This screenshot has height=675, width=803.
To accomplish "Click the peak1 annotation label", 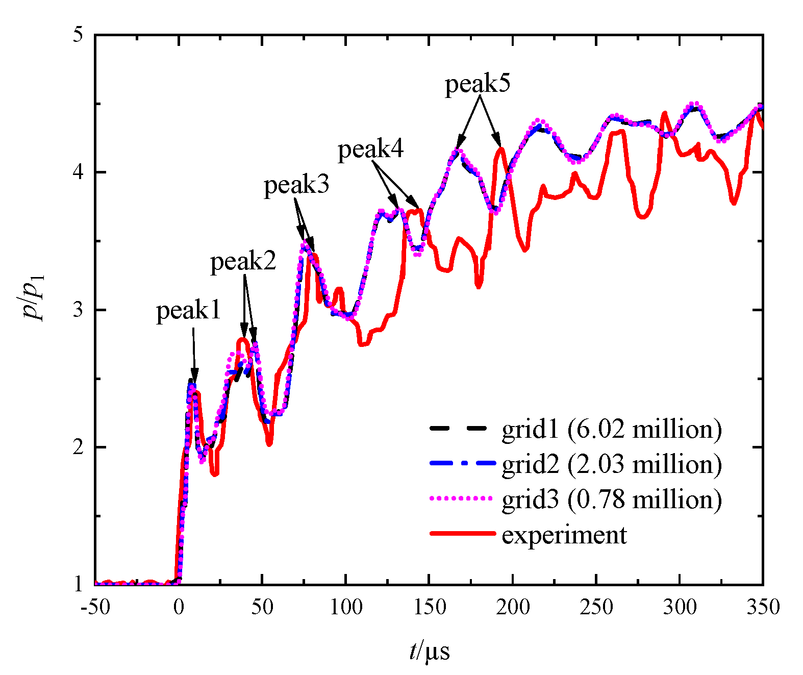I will click(188, 311).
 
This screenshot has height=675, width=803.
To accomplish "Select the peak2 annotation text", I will click(243, 262).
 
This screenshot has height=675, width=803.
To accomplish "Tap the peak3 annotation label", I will click(296, 185).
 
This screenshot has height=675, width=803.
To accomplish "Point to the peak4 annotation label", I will click(371, 150).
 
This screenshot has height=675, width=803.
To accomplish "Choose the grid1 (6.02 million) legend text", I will click(612, 429).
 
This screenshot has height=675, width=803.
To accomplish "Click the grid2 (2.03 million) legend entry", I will click(612, 464).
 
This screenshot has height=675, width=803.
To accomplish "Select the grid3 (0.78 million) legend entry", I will click(612, 499).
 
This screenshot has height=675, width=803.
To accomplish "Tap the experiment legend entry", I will click(564, 535).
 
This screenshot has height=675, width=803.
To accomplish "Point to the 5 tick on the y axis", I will click(77, 35).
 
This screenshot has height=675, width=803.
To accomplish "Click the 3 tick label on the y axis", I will click(77, 310).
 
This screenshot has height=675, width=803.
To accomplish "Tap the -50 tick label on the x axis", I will click(95, 607).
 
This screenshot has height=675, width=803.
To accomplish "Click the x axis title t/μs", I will click(429, 652).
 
